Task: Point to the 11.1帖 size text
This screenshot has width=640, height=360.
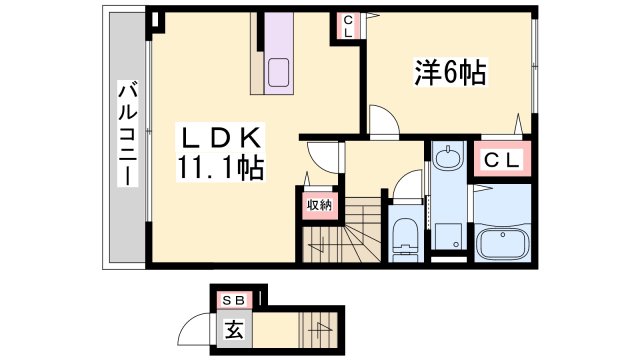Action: (x=221, y=168)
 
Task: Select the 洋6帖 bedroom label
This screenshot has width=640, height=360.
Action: (x=450, y=72)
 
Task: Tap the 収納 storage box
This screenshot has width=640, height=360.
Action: (x=317, y=205)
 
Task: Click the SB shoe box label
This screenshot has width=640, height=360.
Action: (x=239, y=298)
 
